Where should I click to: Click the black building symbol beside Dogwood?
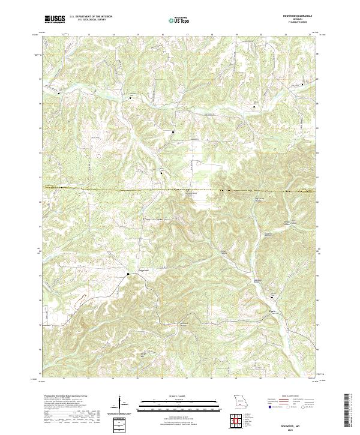(128, 274)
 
